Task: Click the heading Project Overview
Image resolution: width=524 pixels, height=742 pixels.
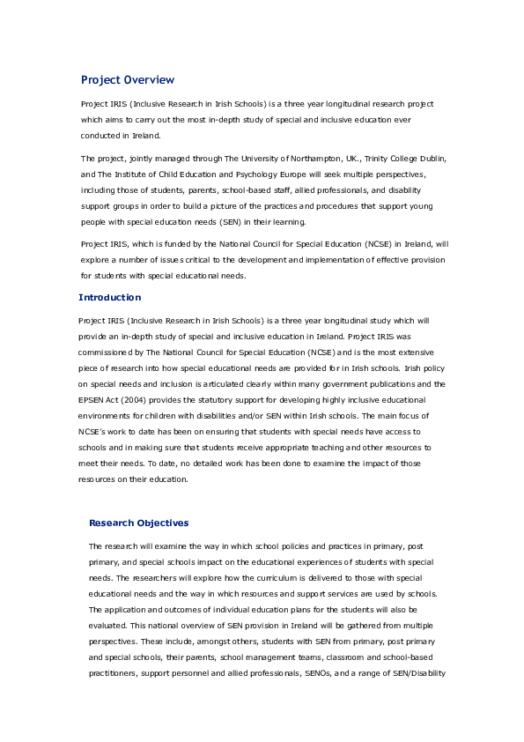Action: (x=128, y=80)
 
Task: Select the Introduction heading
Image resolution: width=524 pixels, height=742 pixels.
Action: (x=109, y=297)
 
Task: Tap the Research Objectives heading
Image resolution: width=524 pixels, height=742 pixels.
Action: (x=138, y=523)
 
